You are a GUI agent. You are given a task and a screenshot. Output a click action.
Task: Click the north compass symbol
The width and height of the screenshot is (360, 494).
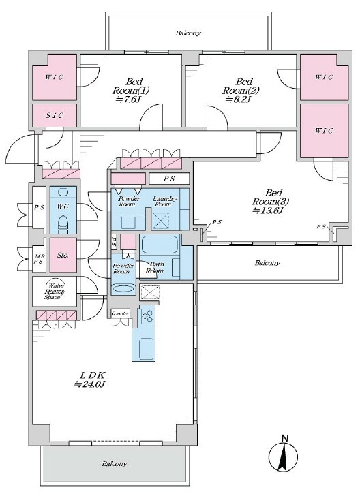(x=284, y=453)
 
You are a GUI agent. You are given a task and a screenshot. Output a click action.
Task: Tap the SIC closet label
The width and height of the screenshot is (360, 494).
(x=55, y=115)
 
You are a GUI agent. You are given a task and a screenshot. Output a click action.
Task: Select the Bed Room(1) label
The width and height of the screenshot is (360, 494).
(x=131, y=87)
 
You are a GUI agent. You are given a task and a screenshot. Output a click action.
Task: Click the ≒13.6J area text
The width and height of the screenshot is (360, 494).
(x=267, y=211)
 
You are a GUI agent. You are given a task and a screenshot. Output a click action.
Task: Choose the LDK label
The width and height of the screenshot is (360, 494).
(x=93, y=375)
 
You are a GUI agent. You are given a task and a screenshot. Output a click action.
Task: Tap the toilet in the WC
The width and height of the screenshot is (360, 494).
(x=63, y=222)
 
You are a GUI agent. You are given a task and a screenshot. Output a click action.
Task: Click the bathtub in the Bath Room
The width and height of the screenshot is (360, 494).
(x=159, y=245)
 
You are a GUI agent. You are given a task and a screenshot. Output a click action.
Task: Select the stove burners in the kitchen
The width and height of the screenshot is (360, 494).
(x=147, y=316)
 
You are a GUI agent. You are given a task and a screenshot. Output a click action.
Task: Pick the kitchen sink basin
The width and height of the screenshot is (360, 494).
(x=147, y=348)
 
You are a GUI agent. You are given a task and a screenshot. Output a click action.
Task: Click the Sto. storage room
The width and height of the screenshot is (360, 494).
(x=63, y=255)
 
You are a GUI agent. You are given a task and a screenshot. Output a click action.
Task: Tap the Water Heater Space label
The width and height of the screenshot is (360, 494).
(x=55, y=292)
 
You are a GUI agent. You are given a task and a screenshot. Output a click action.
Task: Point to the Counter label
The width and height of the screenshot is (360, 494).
(x=121, y=314)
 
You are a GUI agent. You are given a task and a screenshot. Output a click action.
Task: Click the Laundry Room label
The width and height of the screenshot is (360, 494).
(x=164, y=201)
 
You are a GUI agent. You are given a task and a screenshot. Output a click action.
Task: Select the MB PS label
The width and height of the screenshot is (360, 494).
(x=39, y=259)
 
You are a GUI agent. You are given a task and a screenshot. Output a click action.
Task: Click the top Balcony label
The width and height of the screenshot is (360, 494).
(x=188, y=33)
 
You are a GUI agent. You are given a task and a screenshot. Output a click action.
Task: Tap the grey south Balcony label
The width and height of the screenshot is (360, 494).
(x=114, y=464)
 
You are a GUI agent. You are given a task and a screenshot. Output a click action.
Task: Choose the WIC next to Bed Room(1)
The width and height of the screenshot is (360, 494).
(x=55, y=77)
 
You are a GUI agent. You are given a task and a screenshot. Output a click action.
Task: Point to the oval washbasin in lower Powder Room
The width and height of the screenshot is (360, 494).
(x=123, y=289)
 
